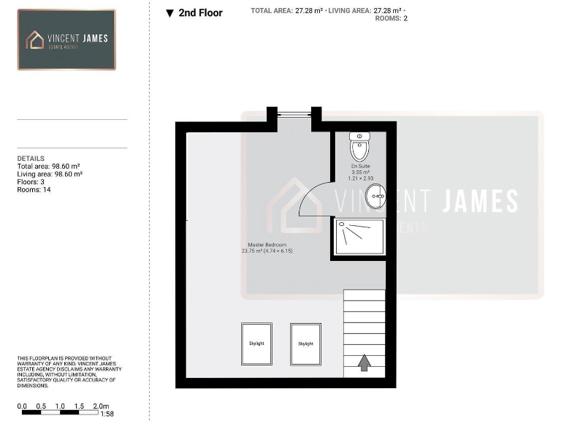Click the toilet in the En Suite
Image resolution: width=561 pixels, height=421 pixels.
point(359,147)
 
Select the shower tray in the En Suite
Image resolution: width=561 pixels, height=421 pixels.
point(359,236)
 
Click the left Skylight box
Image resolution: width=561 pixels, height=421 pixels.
point(256,344)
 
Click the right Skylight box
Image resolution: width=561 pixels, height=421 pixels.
point(305,344)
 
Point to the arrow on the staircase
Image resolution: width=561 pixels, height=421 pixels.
point(365,362)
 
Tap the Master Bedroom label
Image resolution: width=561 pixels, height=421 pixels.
point(267,245)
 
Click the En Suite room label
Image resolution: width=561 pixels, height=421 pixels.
point(359,167)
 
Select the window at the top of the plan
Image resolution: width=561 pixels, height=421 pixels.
point(294,113)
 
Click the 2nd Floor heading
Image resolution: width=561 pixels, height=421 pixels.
point(200,12)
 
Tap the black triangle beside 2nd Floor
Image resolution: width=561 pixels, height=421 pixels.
point(169,13)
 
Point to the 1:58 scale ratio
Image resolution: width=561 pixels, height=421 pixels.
point(107,414)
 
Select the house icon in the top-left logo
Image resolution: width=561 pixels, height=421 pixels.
point(35,39)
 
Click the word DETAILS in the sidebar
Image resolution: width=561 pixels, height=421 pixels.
point(31,159)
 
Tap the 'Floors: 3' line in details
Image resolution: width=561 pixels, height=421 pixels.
point(33,182)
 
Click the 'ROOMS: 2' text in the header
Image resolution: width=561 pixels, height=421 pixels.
point(391,19)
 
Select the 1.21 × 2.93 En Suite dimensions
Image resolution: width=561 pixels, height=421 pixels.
point(359,178)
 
